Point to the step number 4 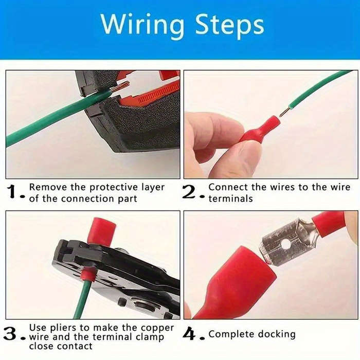coord(190,335)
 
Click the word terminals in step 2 coord(230,199)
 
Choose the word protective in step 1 coord(107,188)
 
